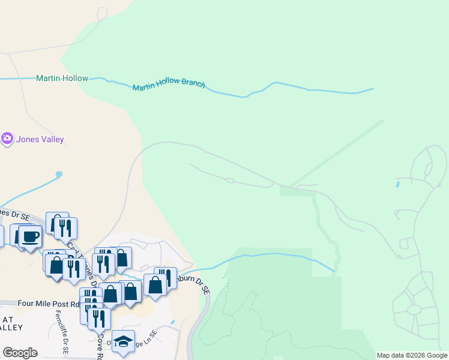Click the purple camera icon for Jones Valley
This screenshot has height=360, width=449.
[x=7, y=139]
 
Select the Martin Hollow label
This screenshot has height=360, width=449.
[x=62, y=79]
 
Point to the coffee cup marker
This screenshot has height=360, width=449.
[x=30, y=235]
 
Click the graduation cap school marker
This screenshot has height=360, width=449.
[x=123, y=341]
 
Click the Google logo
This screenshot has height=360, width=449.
[x=20, y=353]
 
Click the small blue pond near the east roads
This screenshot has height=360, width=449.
[x=397, y=183]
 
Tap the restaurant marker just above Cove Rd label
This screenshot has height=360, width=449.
[x=99, y=319]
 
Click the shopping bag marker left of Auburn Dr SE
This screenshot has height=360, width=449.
[x=155, y=284]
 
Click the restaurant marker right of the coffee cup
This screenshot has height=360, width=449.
[x=66, y=227]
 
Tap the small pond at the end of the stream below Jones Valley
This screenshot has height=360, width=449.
[x=59, y=175]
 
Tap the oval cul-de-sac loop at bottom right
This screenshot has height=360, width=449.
[x=414, y=310]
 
